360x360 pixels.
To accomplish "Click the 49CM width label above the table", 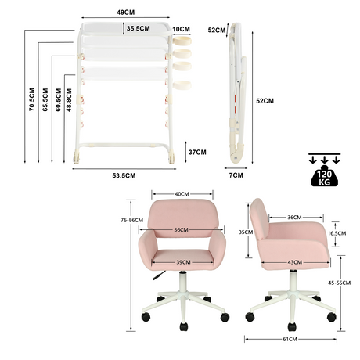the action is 125,13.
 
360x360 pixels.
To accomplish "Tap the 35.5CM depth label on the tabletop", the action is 139,28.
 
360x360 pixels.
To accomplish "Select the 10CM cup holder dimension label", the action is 182,29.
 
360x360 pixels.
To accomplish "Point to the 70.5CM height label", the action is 31,99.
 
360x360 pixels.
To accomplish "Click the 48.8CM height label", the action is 69,100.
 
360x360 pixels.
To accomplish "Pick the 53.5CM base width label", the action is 124,175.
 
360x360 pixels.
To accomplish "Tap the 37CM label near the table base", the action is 197,152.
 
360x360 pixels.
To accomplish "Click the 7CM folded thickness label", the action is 236,175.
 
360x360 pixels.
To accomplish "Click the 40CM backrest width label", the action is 182,194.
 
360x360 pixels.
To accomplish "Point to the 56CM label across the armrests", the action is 182,230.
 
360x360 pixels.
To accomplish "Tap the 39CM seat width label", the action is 183,262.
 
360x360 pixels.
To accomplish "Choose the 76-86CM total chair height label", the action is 131,220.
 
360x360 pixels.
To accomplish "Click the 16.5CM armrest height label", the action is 337,233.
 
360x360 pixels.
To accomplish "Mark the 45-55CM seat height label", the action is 339,283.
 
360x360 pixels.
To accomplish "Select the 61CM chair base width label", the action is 290,339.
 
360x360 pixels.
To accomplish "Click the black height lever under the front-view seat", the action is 159,275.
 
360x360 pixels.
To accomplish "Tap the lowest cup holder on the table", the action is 182,85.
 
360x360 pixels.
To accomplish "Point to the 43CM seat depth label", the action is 295,262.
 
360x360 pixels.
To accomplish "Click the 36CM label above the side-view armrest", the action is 294,217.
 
